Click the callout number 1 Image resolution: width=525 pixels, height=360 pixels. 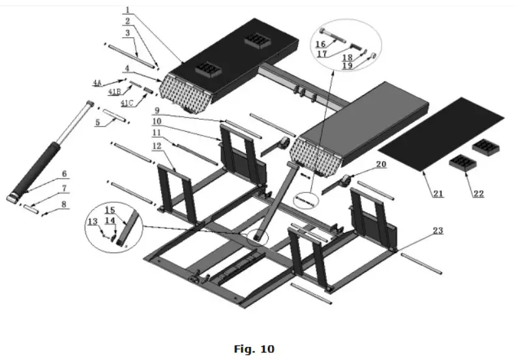(x=128, y=11)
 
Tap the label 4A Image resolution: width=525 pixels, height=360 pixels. (x=97, y=83)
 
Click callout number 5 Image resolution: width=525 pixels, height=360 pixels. (x=97, y=121)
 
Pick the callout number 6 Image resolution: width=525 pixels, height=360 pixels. (x=65, y=173)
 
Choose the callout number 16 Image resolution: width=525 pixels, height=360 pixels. (x=321, y=44)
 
